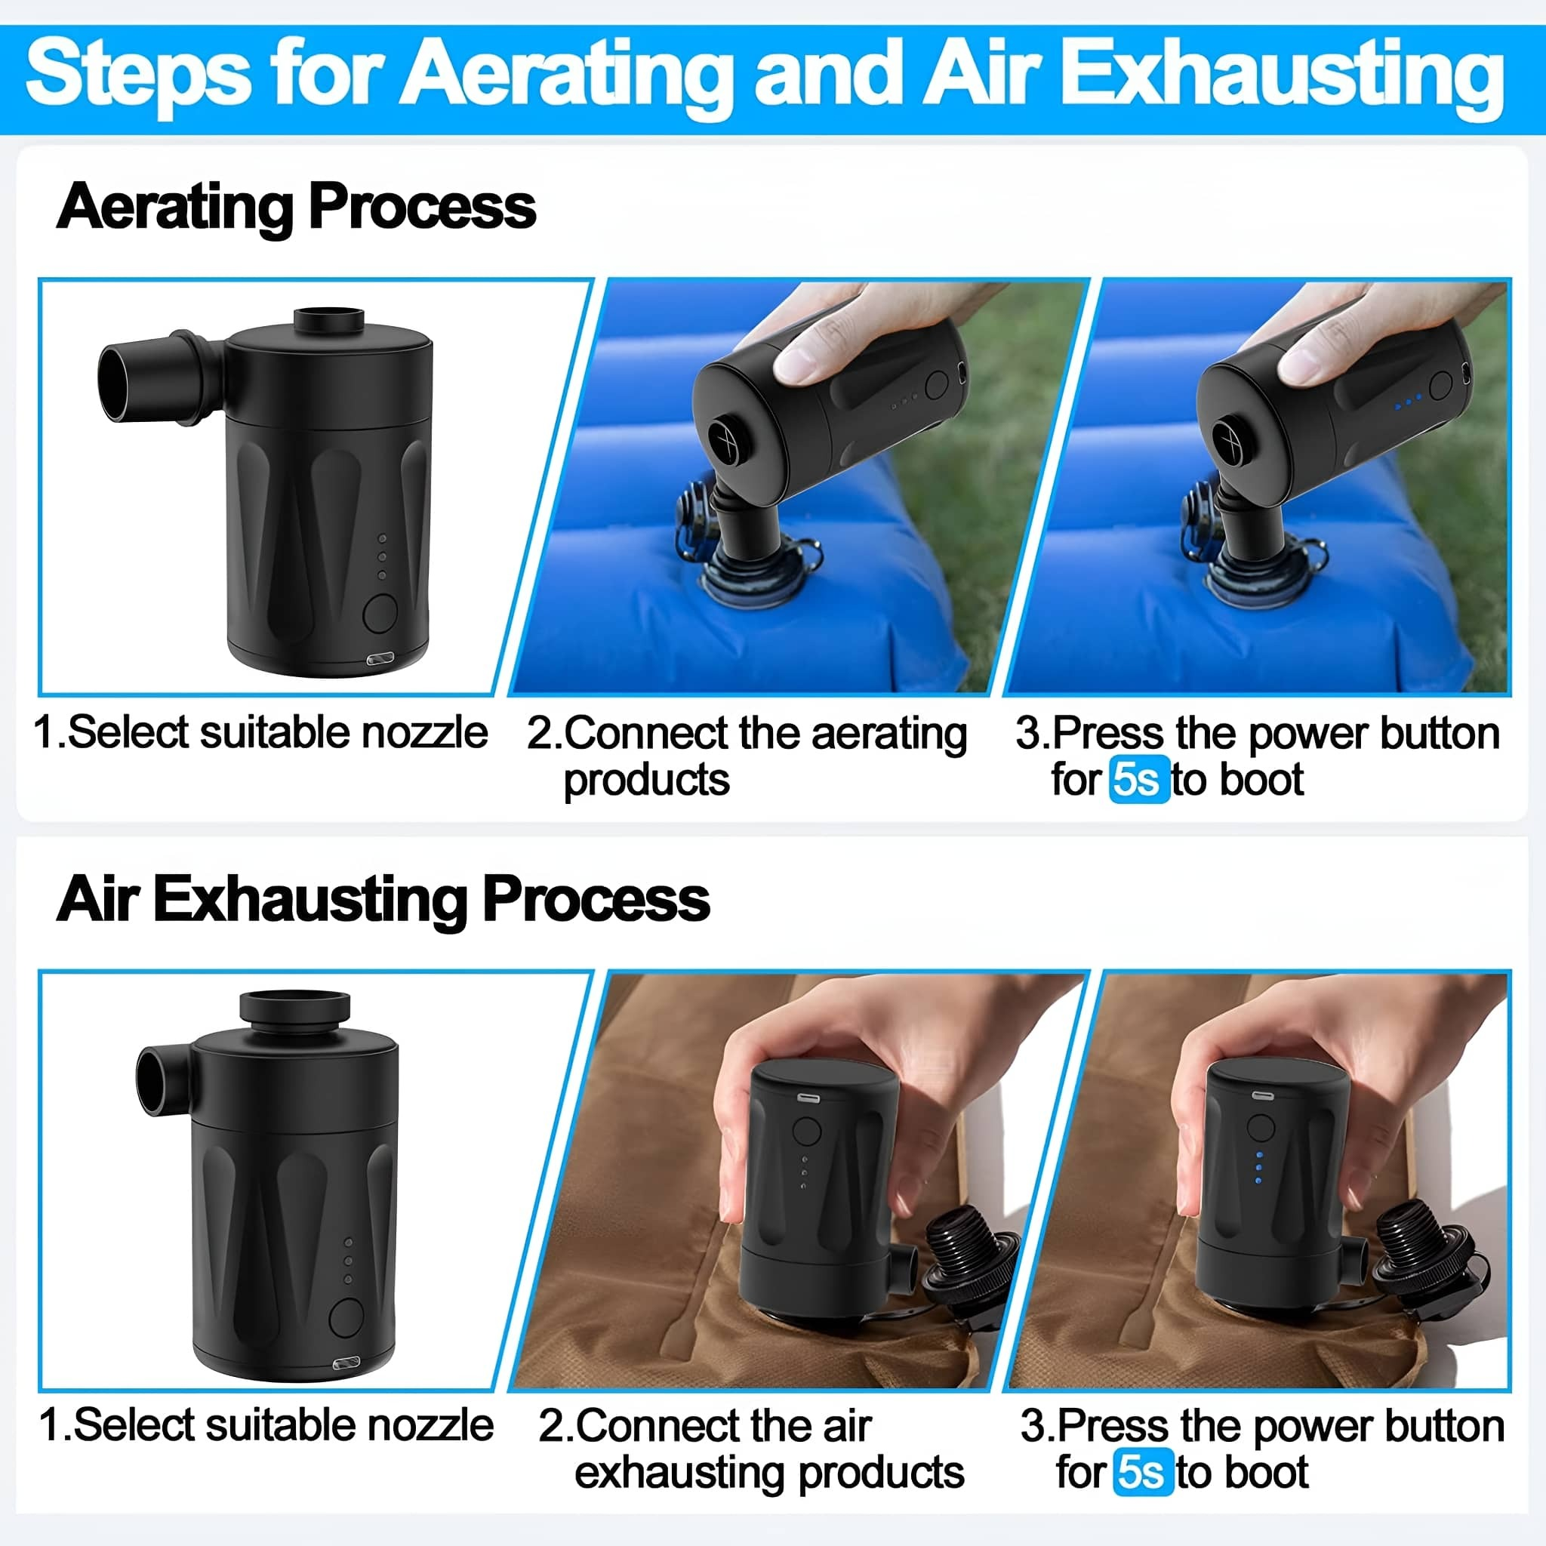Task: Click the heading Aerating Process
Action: (296, 206)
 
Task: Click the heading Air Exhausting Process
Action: (383, 899)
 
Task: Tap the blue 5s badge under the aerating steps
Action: (1138, 778)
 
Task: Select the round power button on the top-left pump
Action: (380, 613)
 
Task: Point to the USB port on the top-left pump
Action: (380, 659)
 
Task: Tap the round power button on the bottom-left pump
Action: (346, 1317)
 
